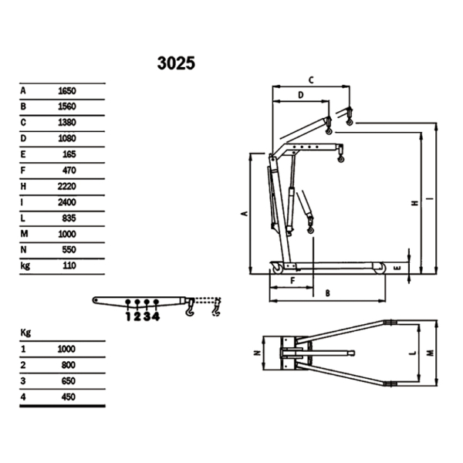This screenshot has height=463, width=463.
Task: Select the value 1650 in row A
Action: point(68,90)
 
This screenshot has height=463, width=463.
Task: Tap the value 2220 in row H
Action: point(68,186)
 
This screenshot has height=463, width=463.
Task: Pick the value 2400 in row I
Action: point(68,202)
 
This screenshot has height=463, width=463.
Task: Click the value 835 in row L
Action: point(68,218)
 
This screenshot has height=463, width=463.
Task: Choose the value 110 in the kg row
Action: point(68,266)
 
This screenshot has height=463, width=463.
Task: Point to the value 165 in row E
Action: point(68,154)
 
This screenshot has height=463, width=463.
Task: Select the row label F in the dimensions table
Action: point(24,171)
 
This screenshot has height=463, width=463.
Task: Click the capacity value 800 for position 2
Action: point(67,366)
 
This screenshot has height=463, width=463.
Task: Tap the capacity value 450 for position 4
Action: point(67,398)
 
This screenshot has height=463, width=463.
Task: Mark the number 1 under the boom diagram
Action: point(128,315)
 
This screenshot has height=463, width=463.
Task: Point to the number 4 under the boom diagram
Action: point(157,315)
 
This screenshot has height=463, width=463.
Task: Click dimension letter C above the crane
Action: point(310,79)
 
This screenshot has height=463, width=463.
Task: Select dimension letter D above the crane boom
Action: point(301,95)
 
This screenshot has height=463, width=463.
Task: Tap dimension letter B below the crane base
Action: point(327,293)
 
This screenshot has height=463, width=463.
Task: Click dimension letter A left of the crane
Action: point(244,212)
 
